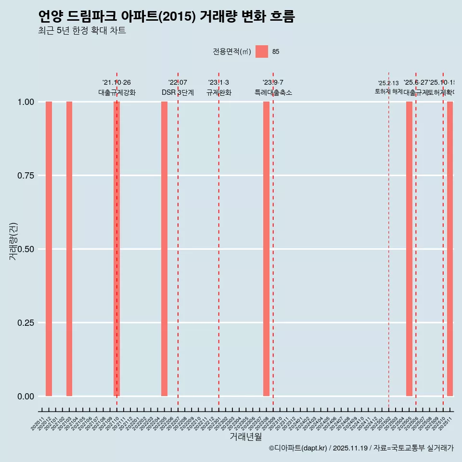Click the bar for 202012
click(49, 249)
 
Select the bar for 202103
click(69, 249)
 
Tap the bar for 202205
click(164, 249)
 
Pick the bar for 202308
click(266, 249)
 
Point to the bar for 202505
click(409, 249)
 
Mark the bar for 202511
click(450, 249)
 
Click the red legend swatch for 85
click(262, 51)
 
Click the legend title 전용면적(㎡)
click(231, 51)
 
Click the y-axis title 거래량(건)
click(13, 241)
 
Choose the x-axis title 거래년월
click(245, 437)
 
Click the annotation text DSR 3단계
click(178, 92)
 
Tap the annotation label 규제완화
click(219, 92)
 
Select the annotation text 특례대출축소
click(273, 92)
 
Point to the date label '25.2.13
click(388, 83)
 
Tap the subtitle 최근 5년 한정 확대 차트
click(82, 31)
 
